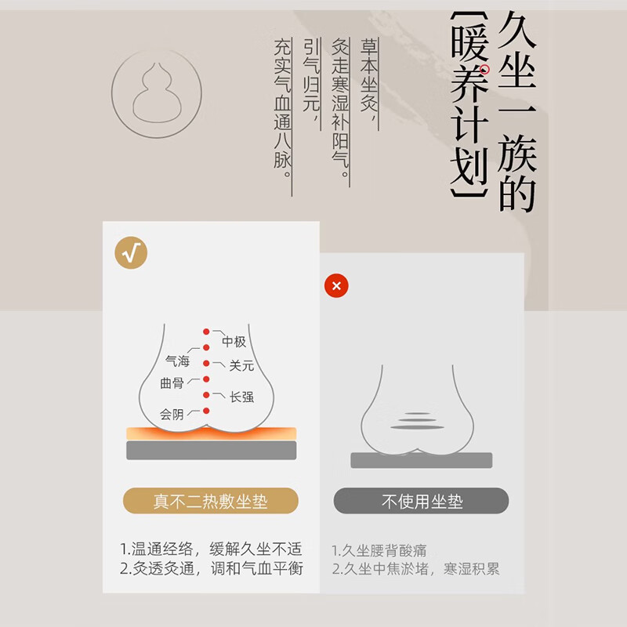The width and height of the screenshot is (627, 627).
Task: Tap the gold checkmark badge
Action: pos(131,252)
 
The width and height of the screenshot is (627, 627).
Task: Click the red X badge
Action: pos(336,286)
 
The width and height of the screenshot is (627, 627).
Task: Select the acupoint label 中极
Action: pos(234,342)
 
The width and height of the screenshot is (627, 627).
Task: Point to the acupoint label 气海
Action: pos(176,361)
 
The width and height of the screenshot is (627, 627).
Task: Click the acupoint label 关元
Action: pos(241,365)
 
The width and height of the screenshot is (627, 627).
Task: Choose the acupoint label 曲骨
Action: pos(172,383)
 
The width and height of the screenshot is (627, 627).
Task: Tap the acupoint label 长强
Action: pos(241,397)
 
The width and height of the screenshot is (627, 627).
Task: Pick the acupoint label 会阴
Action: pos(172,415)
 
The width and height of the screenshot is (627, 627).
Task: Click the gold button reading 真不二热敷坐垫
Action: pos(211,501)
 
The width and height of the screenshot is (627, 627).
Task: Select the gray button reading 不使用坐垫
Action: pos(422,501)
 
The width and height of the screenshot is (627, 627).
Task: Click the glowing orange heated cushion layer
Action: pos(212,433)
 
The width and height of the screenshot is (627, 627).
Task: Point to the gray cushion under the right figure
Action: pos(422,460)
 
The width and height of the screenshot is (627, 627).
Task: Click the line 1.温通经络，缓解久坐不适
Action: pos(211,549)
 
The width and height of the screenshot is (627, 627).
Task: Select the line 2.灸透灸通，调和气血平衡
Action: pos(211,569)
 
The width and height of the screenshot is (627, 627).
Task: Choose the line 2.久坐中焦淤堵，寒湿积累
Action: pos(415,570)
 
